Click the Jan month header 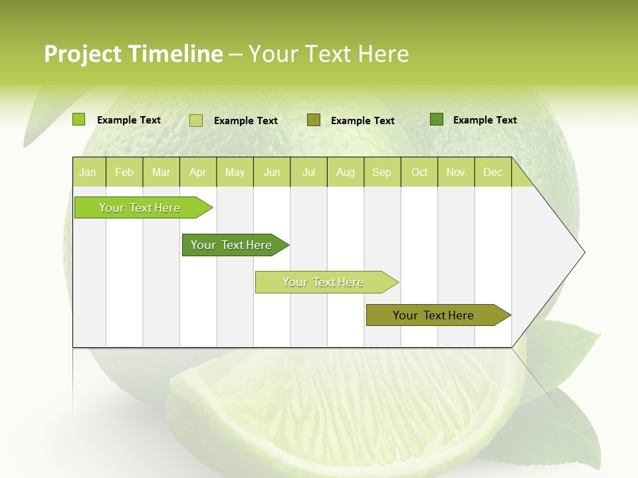pyautogui.click(x=88, y=172)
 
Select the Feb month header pyautogui.click(x=124, y=172)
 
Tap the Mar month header pyautogui.click(x=161, y=172)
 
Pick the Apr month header pyautogui.click(x=198, y=172)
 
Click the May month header pyautogui.click(x=235, y=172)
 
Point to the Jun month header pyautogui.click(x=272, y=172)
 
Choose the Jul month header pyautogui.click(x=308, y=172)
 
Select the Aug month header pyautogui.click(x=346, y=172)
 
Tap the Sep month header pyautogui.click(x=382, y=172)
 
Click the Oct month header pyautogui.click(x=419, y=172)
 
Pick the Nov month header pyautogui.click(x=456, y=172)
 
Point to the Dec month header pyautogui.click(x=492, y=172)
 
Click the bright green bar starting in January pyautogui.click(x=140, y=208)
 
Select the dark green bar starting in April pyautogui.click(x=232, y=245)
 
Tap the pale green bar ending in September pyautogui.click(x=324, y=282)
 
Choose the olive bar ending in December pyautogui.click(x=434, y=315)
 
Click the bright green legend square pyautogui.click(x=79, y=119)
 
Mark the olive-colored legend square pyautogui.click(x=314, y=119)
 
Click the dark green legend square pyautogui.click(x=437, y=119)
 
